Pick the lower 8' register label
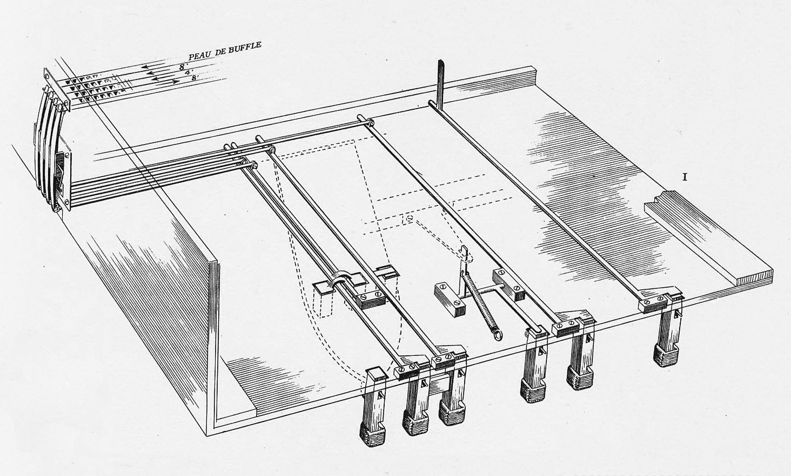click(195, 78)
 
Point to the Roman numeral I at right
click(685, 176)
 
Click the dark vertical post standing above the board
click(440, 81)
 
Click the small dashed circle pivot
click(409, 220)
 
